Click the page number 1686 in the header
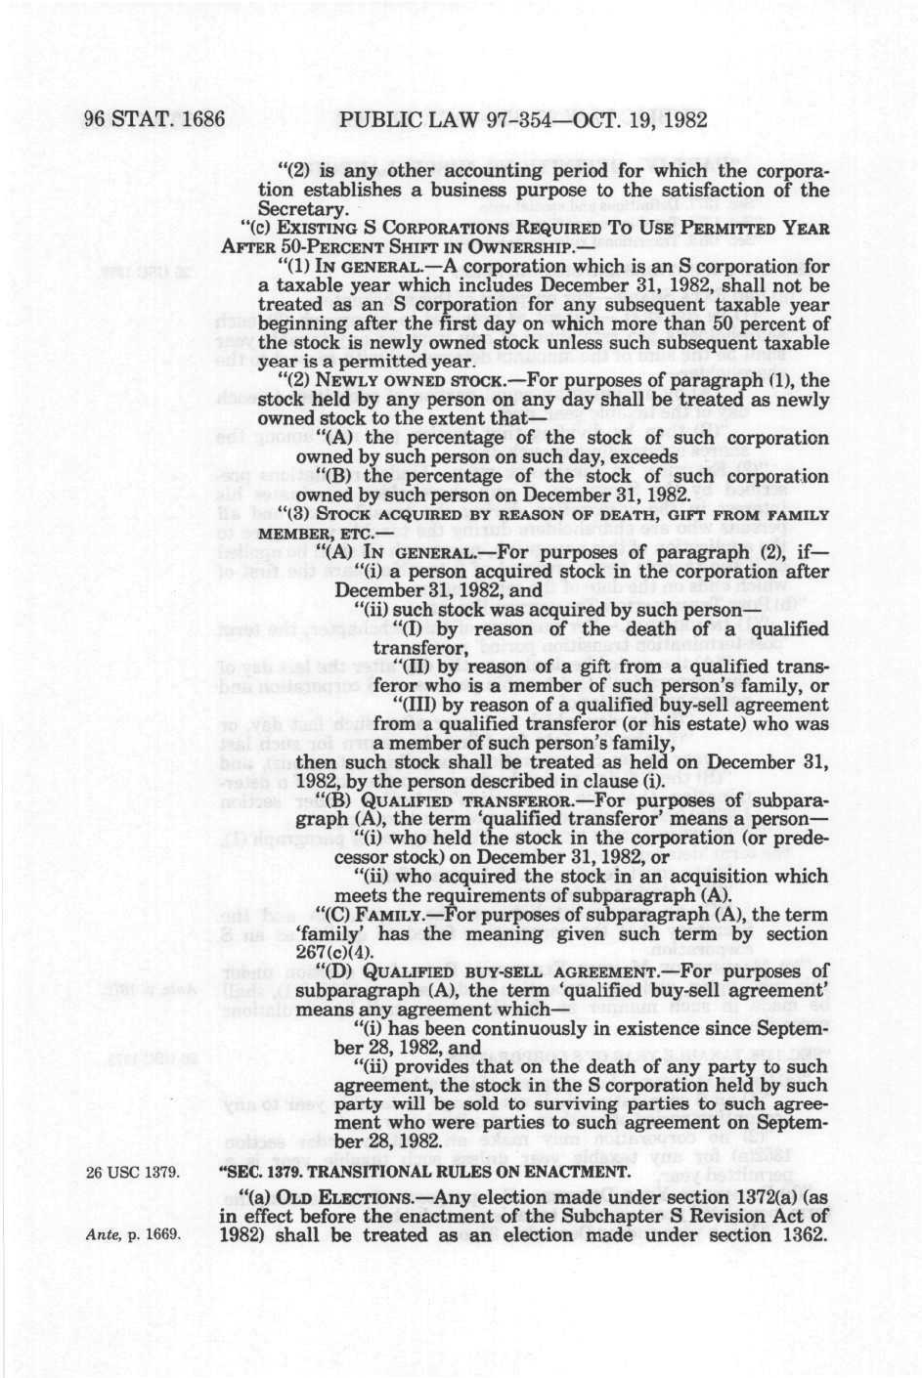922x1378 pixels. click(x=198, y=121)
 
